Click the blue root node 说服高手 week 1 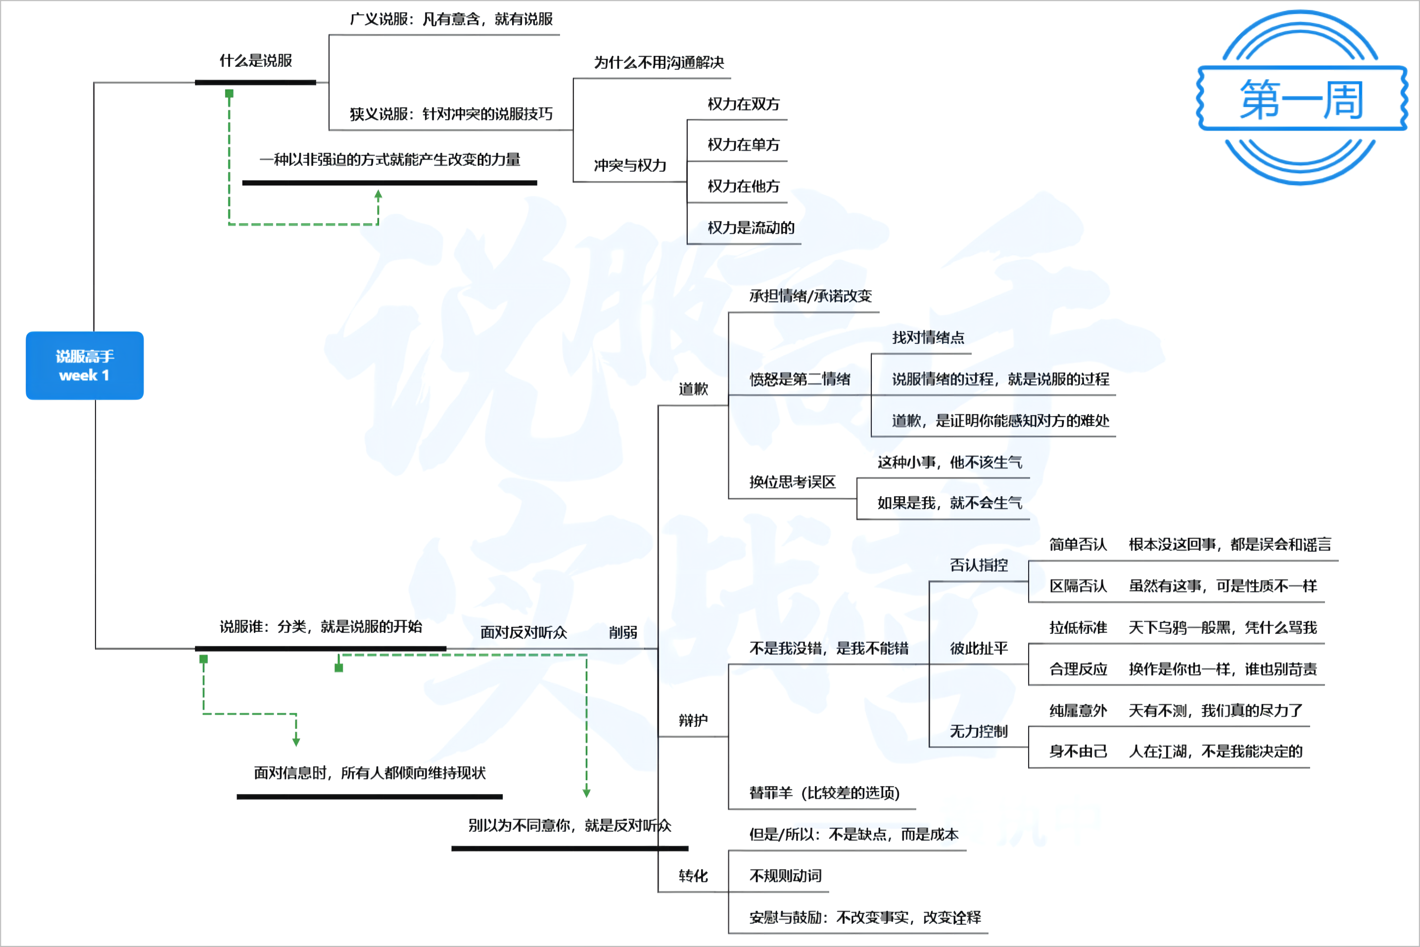coord(85,366)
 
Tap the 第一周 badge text coord(1302,99)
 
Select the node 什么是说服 coord(255,61)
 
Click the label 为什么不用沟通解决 coord(659,63)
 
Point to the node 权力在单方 coord(744,145)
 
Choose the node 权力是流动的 coord(751,228)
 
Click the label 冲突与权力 coord(630,165)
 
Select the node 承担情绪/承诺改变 coord(810,296)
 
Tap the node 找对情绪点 coord(928,337)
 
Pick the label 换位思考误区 coord(793,482)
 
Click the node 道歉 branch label coord(693,389)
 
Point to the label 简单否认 coord(1078,545)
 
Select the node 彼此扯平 coord(979,649)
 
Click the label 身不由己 coord(1078,752)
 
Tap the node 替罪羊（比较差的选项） coord(824,793)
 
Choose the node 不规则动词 coord(785,876)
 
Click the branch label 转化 coord(693,876)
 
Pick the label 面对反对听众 coord(523,632)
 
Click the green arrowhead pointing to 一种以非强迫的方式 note coord(378,195)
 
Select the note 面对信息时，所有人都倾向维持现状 coord(370,773)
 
